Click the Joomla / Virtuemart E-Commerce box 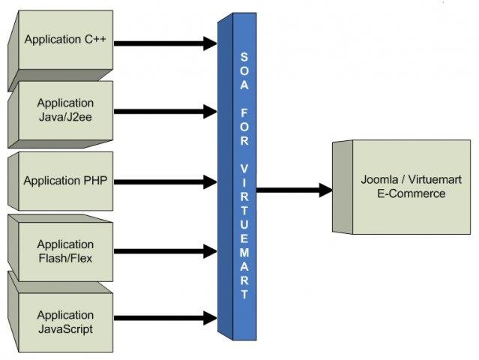coord(412,187)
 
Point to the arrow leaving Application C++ coord(166,43)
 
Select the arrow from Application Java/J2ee coord(166,112)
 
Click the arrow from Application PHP coord(166,181)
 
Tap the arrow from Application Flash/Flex coord(166,250)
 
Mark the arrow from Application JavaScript coord(166,319)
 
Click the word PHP coord(97,181)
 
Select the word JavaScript coord(66,328)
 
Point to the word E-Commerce coord(412,193)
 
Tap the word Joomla coord(378,180)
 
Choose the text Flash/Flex coord(66,258)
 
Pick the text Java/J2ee coord(66,116)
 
